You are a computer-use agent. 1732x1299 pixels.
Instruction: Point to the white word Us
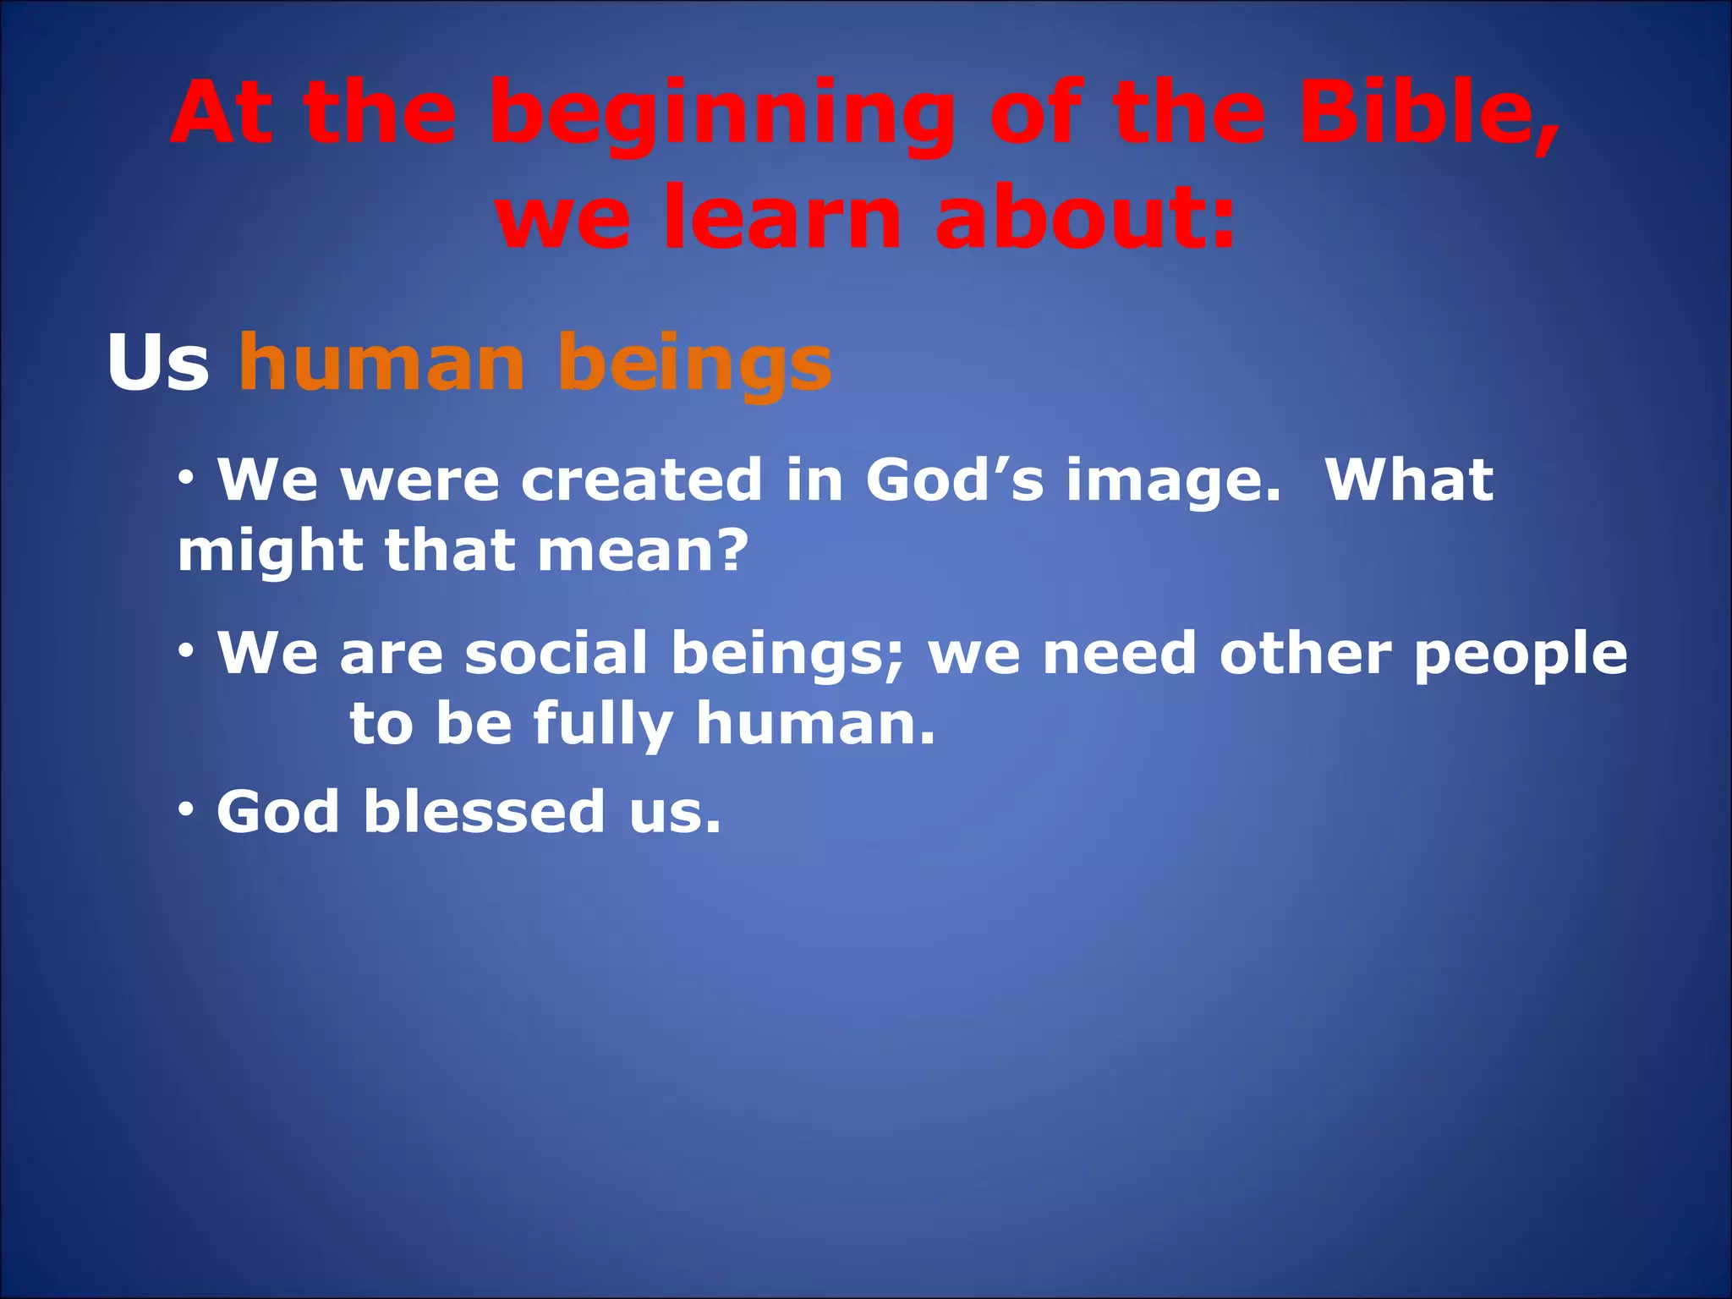coord(158,364)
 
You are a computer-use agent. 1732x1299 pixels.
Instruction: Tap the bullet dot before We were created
coord(188,480)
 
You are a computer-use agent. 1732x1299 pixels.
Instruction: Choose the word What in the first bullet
coord(1409,480)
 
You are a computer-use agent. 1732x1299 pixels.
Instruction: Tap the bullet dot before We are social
coord(188,652)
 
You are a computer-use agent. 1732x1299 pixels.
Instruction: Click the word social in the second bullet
coord(556,654)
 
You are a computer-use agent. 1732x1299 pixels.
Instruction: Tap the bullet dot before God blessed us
coord(188,810)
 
